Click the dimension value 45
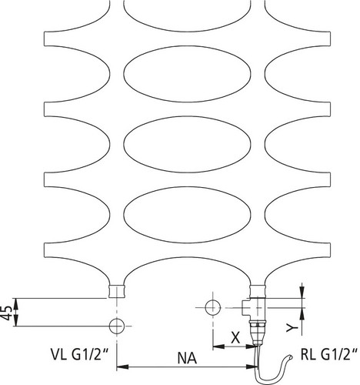point(7,313)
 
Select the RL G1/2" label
point(329,355)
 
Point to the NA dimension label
point(187,358)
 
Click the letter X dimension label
point(235,337)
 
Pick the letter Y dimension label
point(292,327)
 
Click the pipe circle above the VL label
point(117,326)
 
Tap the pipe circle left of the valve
point(213,307)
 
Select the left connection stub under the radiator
point(117,291)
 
